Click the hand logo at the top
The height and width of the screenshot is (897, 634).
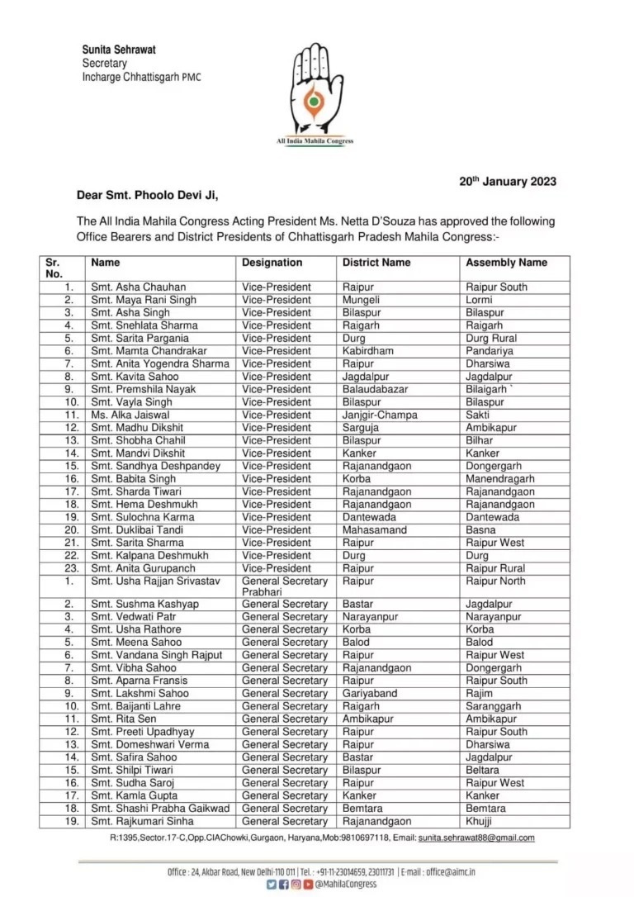(314, 90)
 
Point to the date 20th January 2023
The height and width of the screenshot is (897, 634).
(508, 182)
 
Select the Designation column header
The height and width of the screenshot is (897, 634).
(272, 263)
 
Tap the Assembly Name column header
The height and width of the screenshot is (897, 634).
(506, 263)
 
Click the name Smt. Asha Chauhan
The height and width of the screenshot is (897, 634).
(138, 287)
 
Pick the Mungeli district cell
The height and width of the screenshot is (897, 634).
(361, 300)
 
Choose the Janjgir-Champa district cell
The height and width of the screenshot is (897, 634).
(380, 415)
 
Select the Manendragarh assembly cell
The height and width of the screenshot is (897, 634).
(499, 479)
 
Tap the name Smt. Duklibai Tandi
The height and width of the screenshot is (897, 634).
(137, 530)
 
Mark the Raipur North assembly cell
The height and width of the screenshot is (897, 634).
(495, 581)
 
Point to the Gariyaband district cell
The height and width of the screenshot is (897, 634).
(369, 694)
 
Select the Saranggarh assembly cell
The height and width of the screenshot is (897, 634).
(494, 706)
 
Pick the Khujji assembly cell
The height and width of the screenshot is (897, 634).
(479, 821)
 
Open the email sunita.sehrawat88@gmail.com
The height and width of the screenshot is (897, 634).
(475, 838)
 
